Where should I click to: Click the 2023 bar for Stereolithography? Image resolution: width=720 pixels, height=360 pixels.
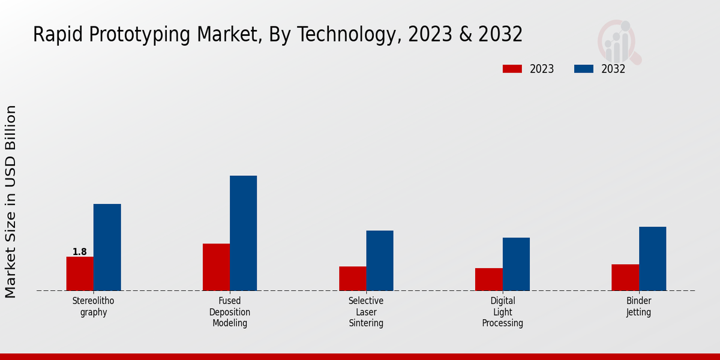(80, 274)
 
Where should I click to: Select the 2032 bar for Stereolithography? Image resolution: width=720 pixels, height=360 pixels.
(107, 247)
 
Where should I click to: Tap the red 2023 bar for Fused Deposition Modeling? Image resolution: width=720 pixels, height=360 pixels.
(216, 267)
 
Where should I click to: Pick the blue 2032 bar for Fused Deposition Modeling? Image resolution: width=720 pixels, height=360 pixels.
(243, 233)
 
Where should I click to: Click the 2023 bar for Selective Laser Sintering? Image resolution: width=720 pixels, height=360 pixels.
(352, 278)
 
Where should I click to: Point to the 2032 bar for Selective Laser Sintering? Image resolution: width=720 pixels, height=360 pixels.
(380, 260)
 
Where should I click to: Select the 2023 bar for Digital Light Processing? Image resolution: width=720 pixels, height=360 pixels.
(488, 279)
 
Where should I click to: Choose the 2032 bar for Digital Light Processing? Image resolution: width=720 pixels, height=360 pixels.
(516, 264)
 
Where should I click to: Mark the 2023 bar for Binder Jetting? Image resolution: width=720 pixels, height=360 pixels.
(625, 277)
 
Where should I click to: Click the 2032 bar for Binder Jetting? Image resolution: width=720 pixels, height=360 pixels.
(652, 259)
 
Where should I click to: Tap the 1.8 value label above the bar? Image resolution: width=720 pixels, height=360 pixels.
(80, 252)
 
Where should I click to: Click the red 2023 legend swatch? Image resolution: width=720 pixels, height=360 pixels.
(512, 69)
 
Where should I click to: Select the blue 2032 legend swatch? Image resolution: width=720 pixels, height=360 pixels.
(583, 69)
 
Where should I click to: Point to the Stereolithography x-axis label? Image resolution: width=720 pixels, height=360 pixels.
(94, 307)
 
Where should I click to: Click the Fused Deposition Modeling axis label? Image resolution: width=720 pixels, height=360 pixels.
(230, 312)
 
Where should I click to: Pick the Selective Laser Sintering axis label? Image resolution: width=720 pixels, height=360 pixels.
(366, 312)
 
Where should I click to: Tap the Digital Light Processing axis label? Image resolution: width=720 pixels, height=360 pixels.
(503, 312)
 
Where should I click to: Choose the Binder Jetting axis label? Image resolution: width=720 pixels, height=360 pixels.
(639, 307)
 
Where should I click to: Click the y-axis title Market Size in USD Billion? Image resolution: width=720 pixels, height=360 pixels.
(11, 202)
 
